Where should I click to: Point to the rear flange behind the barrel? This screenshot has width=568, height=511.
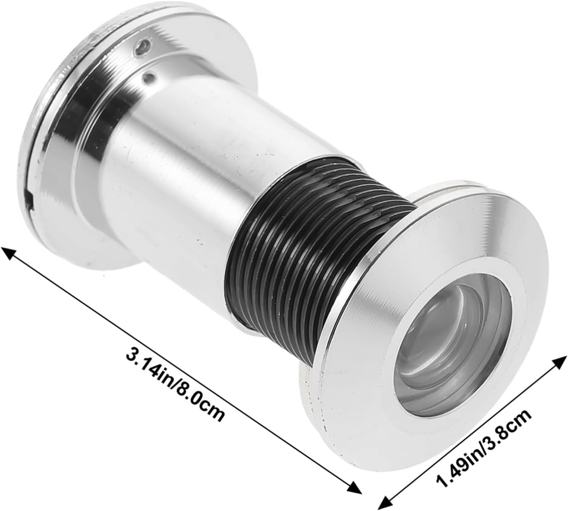[x=61, y=139]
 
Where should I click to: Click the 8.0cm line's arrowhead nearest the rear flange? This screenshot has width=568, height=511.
[x=8, y=252]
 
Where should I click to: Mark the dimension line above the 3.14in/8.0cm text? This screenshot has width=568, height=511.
[x=183, y=371]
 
